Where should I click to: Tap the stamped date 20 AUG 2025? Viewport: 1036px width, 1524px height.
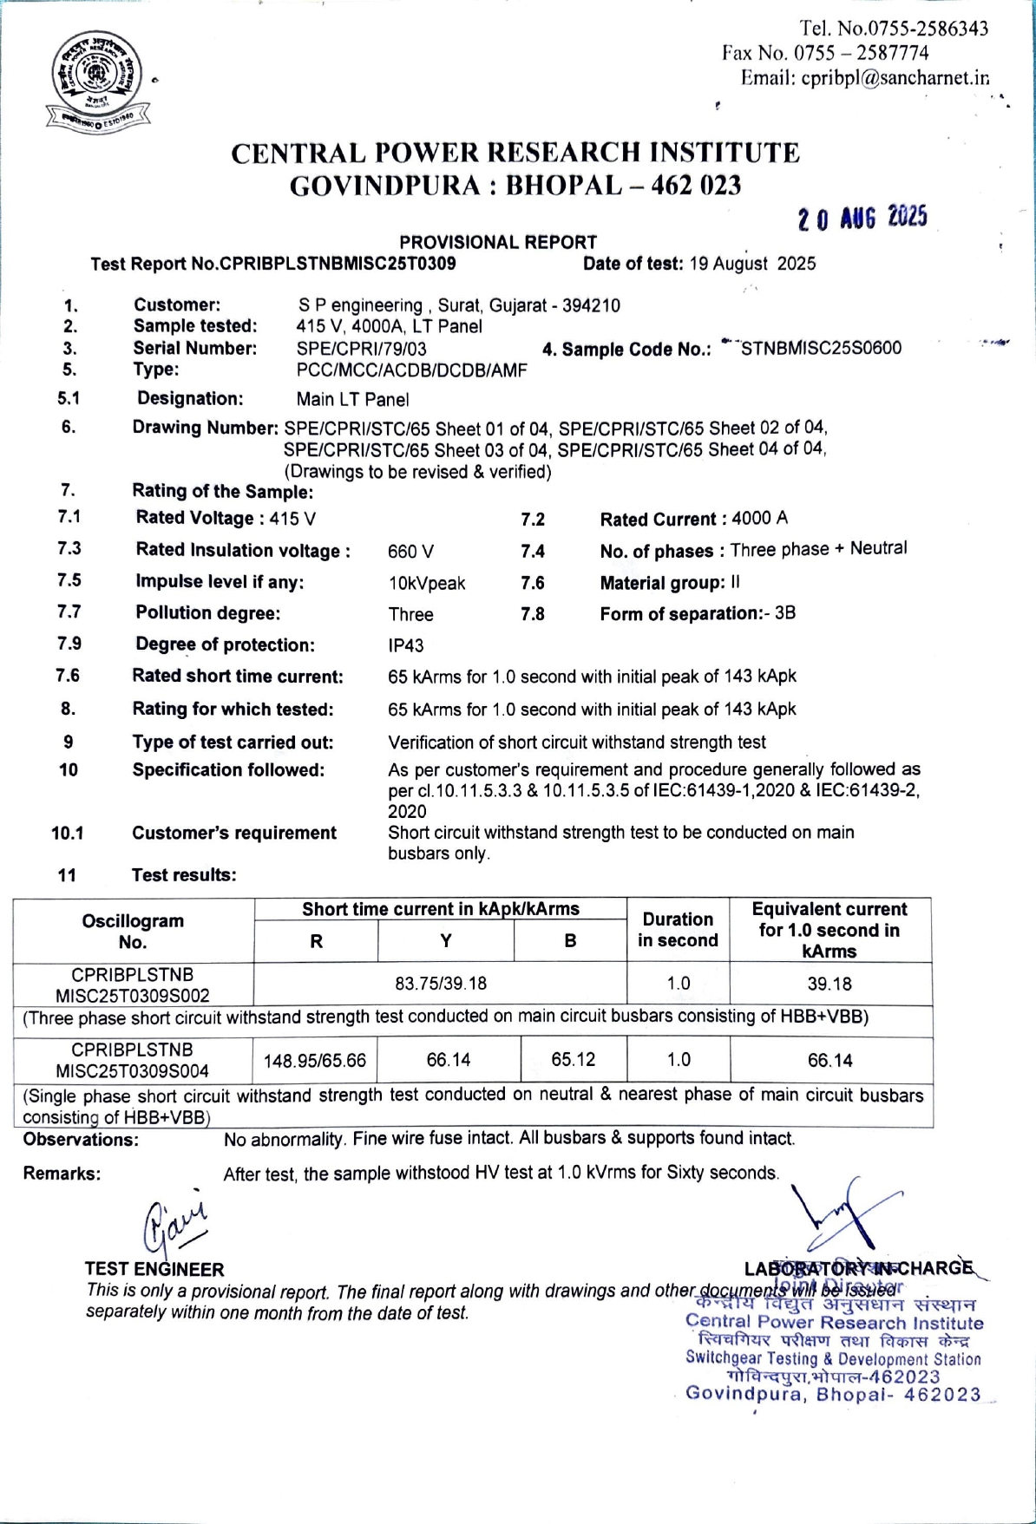pyautogui.click(x=862, y=217)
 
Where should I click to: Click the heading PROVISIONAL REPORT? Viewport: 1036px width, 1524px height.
pyautogui.click(x=498, y=242)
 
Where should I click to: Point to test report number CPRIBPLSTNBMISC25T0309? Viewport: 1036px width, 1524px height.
pyautogui.click(x=338, y=264)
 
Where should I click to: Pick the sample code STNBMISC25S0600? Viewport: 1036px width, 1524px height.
pyautogui.click(x=821, y=349)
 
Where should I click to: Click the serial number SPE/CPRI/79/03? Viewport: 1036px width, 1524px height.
pyautogui.click(x=361, y=349)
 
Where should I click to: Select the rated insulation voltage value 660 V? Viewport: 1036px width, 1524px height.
pyautogui.click(x=410, y=552)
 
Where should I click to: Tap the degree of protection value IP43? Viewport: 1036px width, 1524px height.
pyautogui.click(x=406, y=645)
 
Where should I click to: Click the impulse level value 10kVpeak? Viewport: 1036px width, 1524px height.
pyautogui.click(x=426, y=583)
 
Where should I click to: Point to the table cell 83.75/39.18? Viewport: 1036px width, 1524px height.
pyautogui.click(x=441, y=984)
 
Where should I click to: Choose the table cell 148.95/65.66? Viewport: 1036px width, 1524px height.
pyautogui.click(x=315, y=1061)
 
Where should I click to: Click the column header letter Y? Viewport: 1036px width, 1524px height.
pyautogui.click(x=446, y=941)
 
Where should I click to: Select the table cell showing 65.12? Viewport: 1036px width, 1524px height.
pyautogui.click(x=574, y=1060)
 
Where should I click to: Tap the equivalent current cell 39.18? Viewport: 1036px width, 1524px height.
pyautogui.click(x=829, y=984)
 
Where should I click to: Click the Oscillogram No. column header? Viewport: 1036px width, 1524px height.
pyautogui.click(x=133, y=931)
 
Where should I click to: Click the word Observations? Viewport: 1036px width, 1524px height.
pyautogui.click(x=81, y=1140)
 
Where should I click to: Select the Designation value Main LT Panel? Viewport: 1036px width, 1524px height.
pyautogui.click(x=352, y=400)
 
